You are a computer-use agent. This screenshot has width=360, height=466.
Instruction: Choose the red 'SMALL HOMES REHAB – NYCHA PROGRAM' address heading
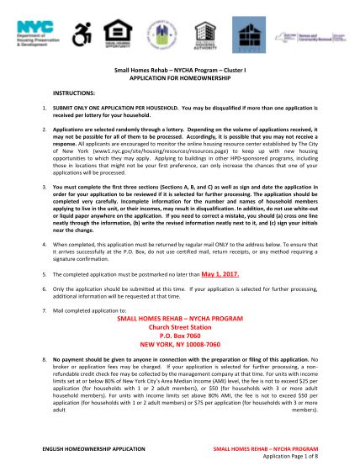pos(179,308)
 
